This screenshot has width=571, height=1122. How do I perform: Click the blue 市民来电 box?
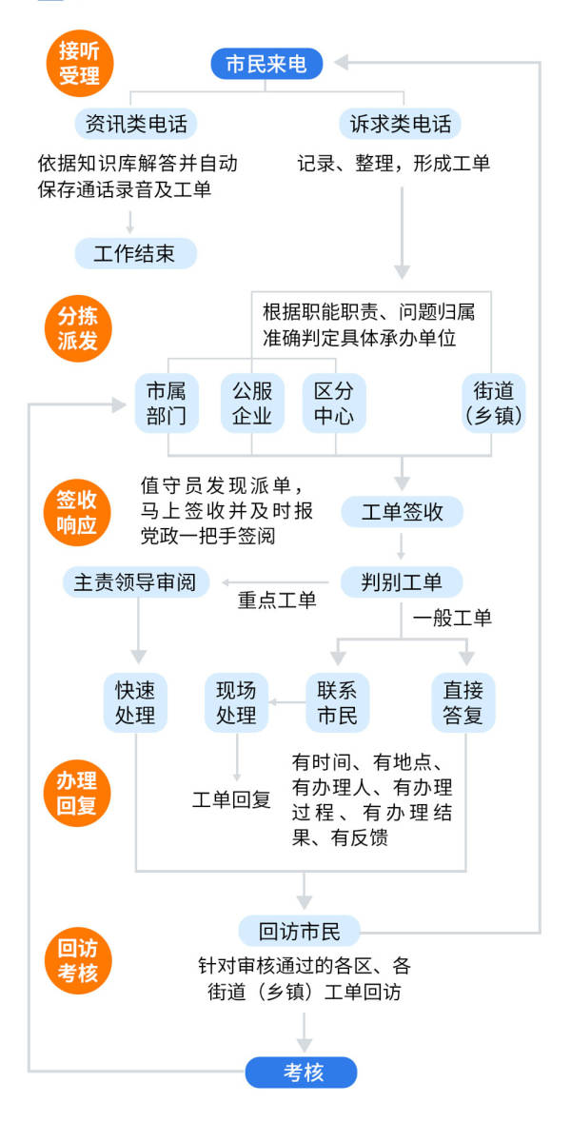click(266, 64)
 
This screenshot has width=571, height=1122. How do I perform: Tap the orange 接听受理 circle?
click(79, 64)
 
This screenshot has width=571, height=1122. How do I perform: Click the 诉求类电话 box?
click(400, 123)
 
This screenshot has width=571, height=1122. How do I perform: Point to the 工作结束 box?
click(135, 253)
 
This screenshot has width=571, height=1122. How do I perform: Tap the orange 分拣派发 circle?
click(79, 328)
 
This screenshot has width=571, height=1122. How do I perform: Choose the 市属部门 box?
click(166, 404)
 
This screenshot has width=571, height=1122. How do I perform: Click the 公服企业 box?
click(252, 404)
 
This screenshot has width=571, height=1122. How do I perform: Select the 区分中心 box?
click(334, 404)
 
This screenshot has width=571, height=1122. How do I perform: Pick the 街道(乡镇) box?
click(492, 404)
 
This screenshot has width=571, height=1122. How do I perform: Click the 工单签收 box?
click(403, 511)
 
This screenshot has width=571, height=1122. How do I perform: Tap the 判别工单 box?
click(403, 581)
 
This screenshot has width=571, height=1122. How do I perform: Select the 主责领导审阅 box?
click(141, 581)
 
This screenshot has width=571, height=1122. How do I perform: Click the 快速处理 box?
click(135, 702)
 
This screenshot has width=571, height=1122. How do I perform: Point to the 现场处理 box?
click(236, 702)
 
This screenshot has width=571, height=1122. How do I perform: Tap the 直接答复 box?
click(463, 702)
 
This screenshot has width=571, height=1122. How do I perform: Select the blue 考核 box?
click(302, 1073)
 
